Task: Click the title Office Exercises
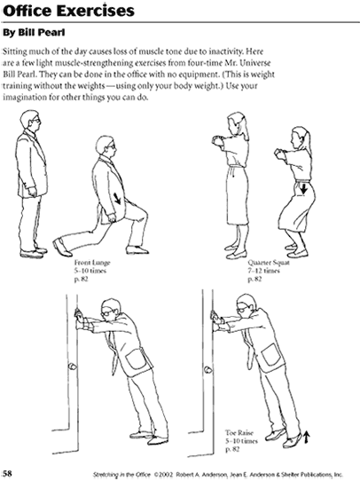pos(68,11)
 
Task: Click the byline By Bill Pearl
pos(34,33)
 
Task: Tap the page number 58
pos(7,473)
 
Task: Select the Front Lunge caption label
pos(92,263)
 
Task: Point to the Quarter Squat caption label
pos(269,263)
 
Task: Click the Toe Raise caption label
pos(239,433)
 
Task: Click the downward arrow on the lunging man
pos(118,198)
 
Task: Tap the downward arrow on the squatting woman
pos(303,188)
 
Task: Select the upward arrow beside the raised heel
pos(307,438)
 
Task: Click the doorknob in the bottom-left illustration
pos(73,367)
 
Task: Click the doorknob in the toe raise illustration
pos(208,370)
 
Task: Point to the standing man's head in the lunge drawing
pos(30,121)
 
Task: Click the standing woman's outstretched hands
pos(217,141)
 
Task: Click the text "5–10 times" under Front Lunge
pos(90,271)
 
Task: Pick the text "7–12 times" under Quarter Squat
pos(264,271)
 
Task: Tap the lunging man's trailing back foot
pos(62,248)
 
